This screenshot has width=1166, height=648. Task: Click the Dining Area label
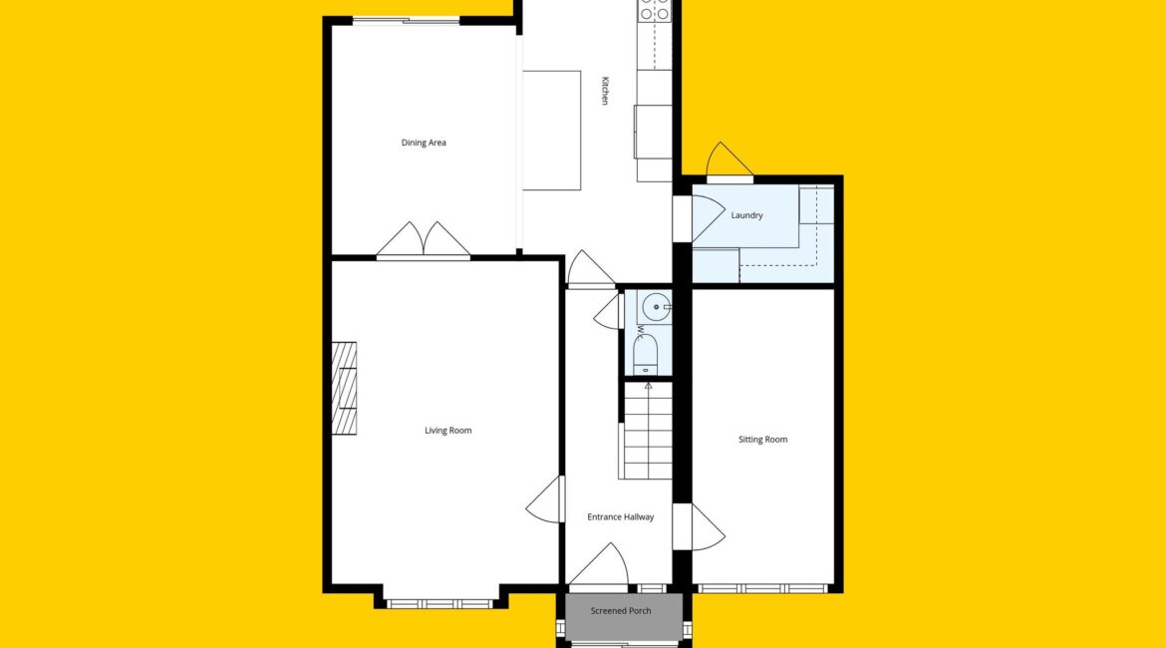point(424,143)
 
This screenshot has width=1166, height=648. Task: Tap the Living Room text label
point(447,430)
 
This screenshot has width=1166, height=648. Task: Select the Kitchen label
point(605,91)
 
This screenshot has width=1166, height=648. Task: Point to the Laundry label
point(746,215)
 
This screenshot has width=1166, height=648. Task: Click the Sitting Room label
point(762,440)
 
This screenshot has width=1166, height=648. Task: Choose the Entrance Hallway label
point(620,517)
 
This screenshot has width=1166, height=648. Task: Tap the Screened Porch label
point(620,611)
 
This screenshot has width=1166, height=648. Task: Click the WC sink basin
point(656,306)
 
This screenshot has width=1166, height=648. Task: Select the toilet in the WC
point(646,355)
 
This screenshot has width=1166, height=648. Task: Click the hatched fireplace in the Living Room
point(344,389)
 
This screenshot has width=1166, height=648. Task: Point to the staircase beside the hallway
point(646,431)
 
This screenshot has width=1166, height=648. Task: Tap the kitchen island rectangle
point(551,131)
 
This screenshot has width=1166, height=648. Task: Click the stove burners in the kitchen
point(655,10)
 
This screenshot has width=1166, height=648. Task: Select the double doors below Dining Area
point(424,240)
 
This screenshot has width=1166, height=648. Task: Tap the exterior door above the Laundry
point(729,162)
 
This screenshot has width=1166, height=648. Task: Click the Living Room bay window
point(439,604)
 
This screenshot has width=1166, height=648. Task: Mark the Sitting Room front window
point(763,588)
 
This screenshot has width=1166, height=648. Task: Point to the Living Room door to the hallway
point(545,499)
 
